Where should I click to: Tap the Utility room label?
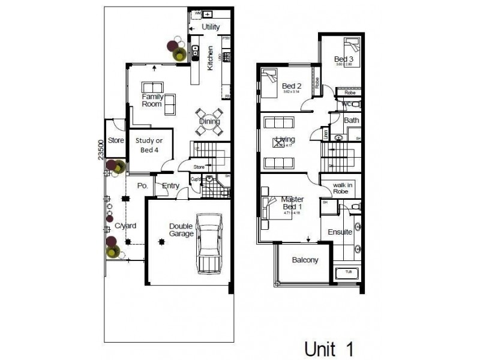[x=211, y=27]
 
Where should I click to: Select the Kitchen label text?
[x=210, y=59]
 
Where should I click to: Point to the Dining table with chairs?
[x=209, y=121]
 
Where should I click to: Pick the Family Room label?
[x=152, y=100]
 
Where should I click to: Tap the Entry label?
[x=171, y=185]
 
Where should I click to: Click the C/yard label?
[x=125, y=226]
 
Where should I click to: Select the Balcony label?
[x=305, y=260]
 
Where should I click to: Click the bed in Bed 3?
[x=352, y=46]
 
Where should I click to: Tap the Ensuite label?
[x=340, y=232]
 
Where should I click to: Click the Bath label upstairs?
[x=352, y=121]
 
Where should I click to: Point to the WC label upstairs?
[x=346, y=104]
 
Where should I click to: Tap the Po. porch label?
[x=142, y=185]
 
